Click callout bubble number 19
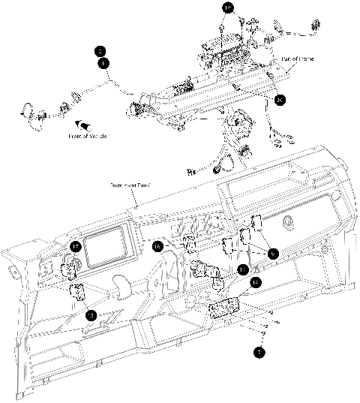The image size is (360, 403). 229,8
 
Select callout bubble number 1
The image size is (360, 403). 100,63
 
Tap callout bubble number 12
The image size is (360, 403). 256,282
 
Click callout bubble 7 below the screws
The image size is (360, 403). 258,350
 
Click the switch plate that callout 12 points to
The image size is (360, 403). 223,308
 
